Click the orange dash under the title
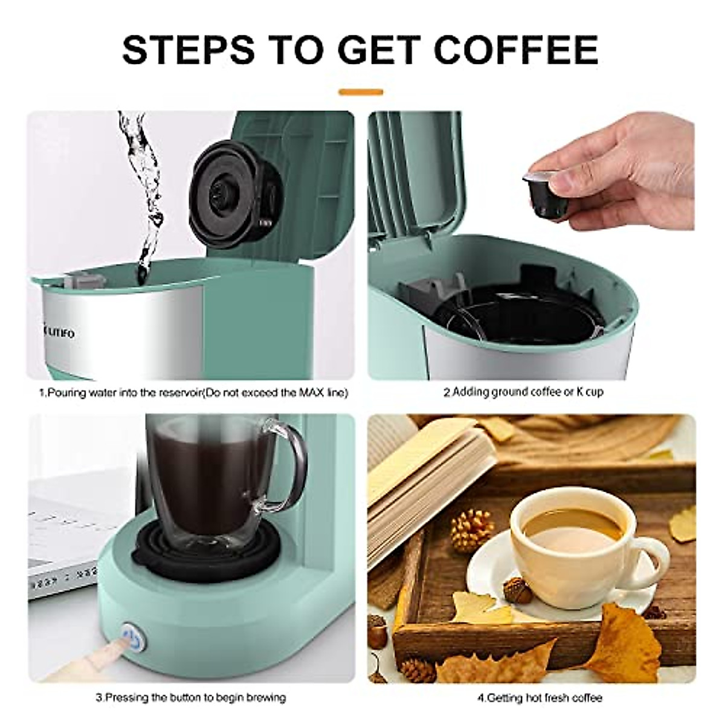point(361,92)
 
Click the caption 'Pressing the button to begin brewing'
point(190,698)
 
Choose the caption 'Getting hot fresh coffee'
point(539,698)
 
